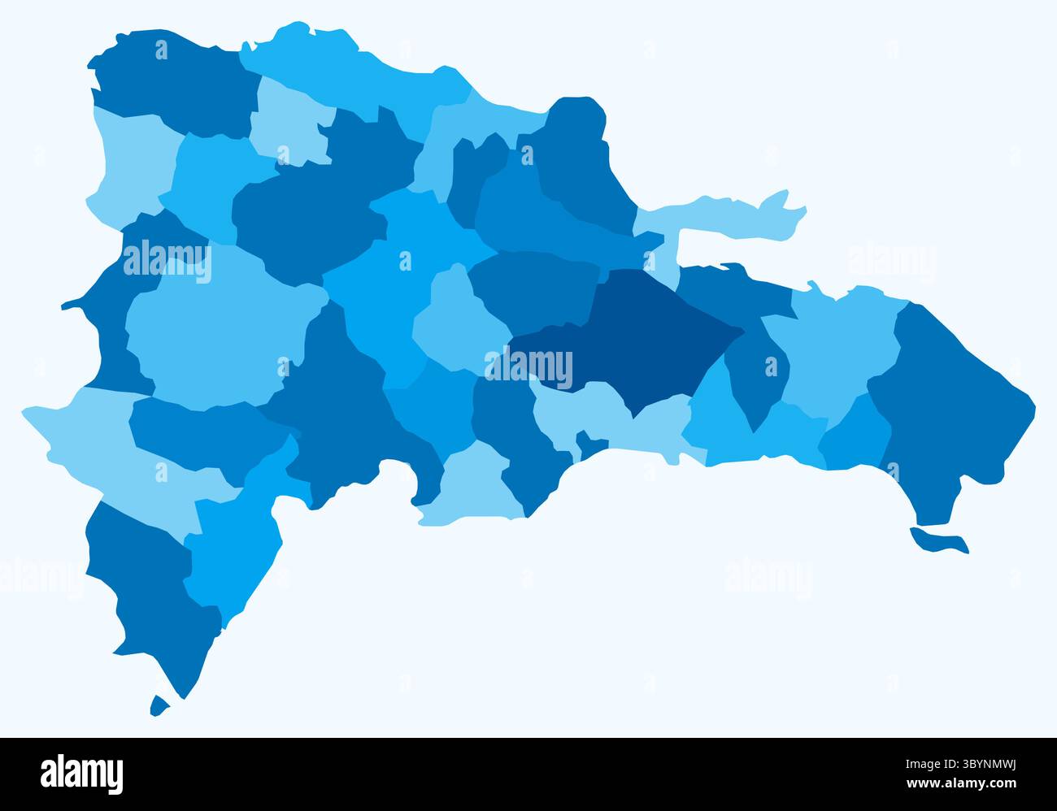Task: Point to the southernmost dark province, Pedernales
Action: [x=146, y=585]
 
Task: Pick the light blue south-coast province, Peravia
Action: [x=476, y=488]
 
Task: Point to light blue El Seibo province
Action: [x=837, y=341]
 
